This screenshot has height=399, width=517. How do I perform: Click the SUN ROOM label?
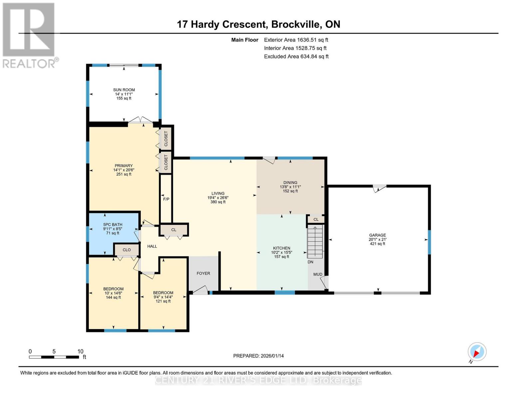(124, 90)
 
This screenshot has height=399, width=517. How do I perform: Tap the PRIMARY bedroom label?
(124, 166)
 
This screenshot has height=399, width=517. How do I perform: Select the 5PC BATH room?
(113, 229)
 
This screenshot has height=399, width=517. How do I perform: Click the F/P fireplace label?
(166, 199)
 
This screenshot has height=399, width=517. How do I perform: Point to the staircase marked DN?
(315, 242)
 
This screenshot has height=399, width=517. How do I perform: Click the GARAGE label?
(377, 235)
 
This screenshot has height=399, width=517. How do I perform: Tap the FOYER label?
(203, 273)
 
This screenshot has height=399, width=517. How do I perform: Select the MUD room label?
(318, 274)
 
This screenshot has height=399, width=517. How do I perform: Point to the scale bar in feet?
(54, 357)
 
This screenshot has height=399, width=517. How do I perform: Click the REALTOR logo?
(29, 35)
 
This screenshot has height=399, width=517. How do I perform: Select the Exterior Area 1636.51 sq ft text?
(296, 40)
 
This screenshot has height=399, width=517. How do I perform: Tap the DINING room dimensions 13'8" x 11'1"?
(290, 187)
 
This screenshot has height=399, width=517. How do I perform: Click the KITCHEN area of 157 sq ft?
(282, 257)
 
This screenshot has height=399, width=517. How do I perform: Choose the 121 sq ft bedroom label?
(163, 301)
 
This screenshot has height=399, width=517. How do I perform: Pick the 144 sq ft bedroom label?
(113, 297)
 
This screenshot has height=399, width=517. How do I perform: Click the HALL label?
(152, 246)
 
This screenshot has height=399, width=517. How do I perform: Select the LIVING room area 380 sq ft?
(218, 202)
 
